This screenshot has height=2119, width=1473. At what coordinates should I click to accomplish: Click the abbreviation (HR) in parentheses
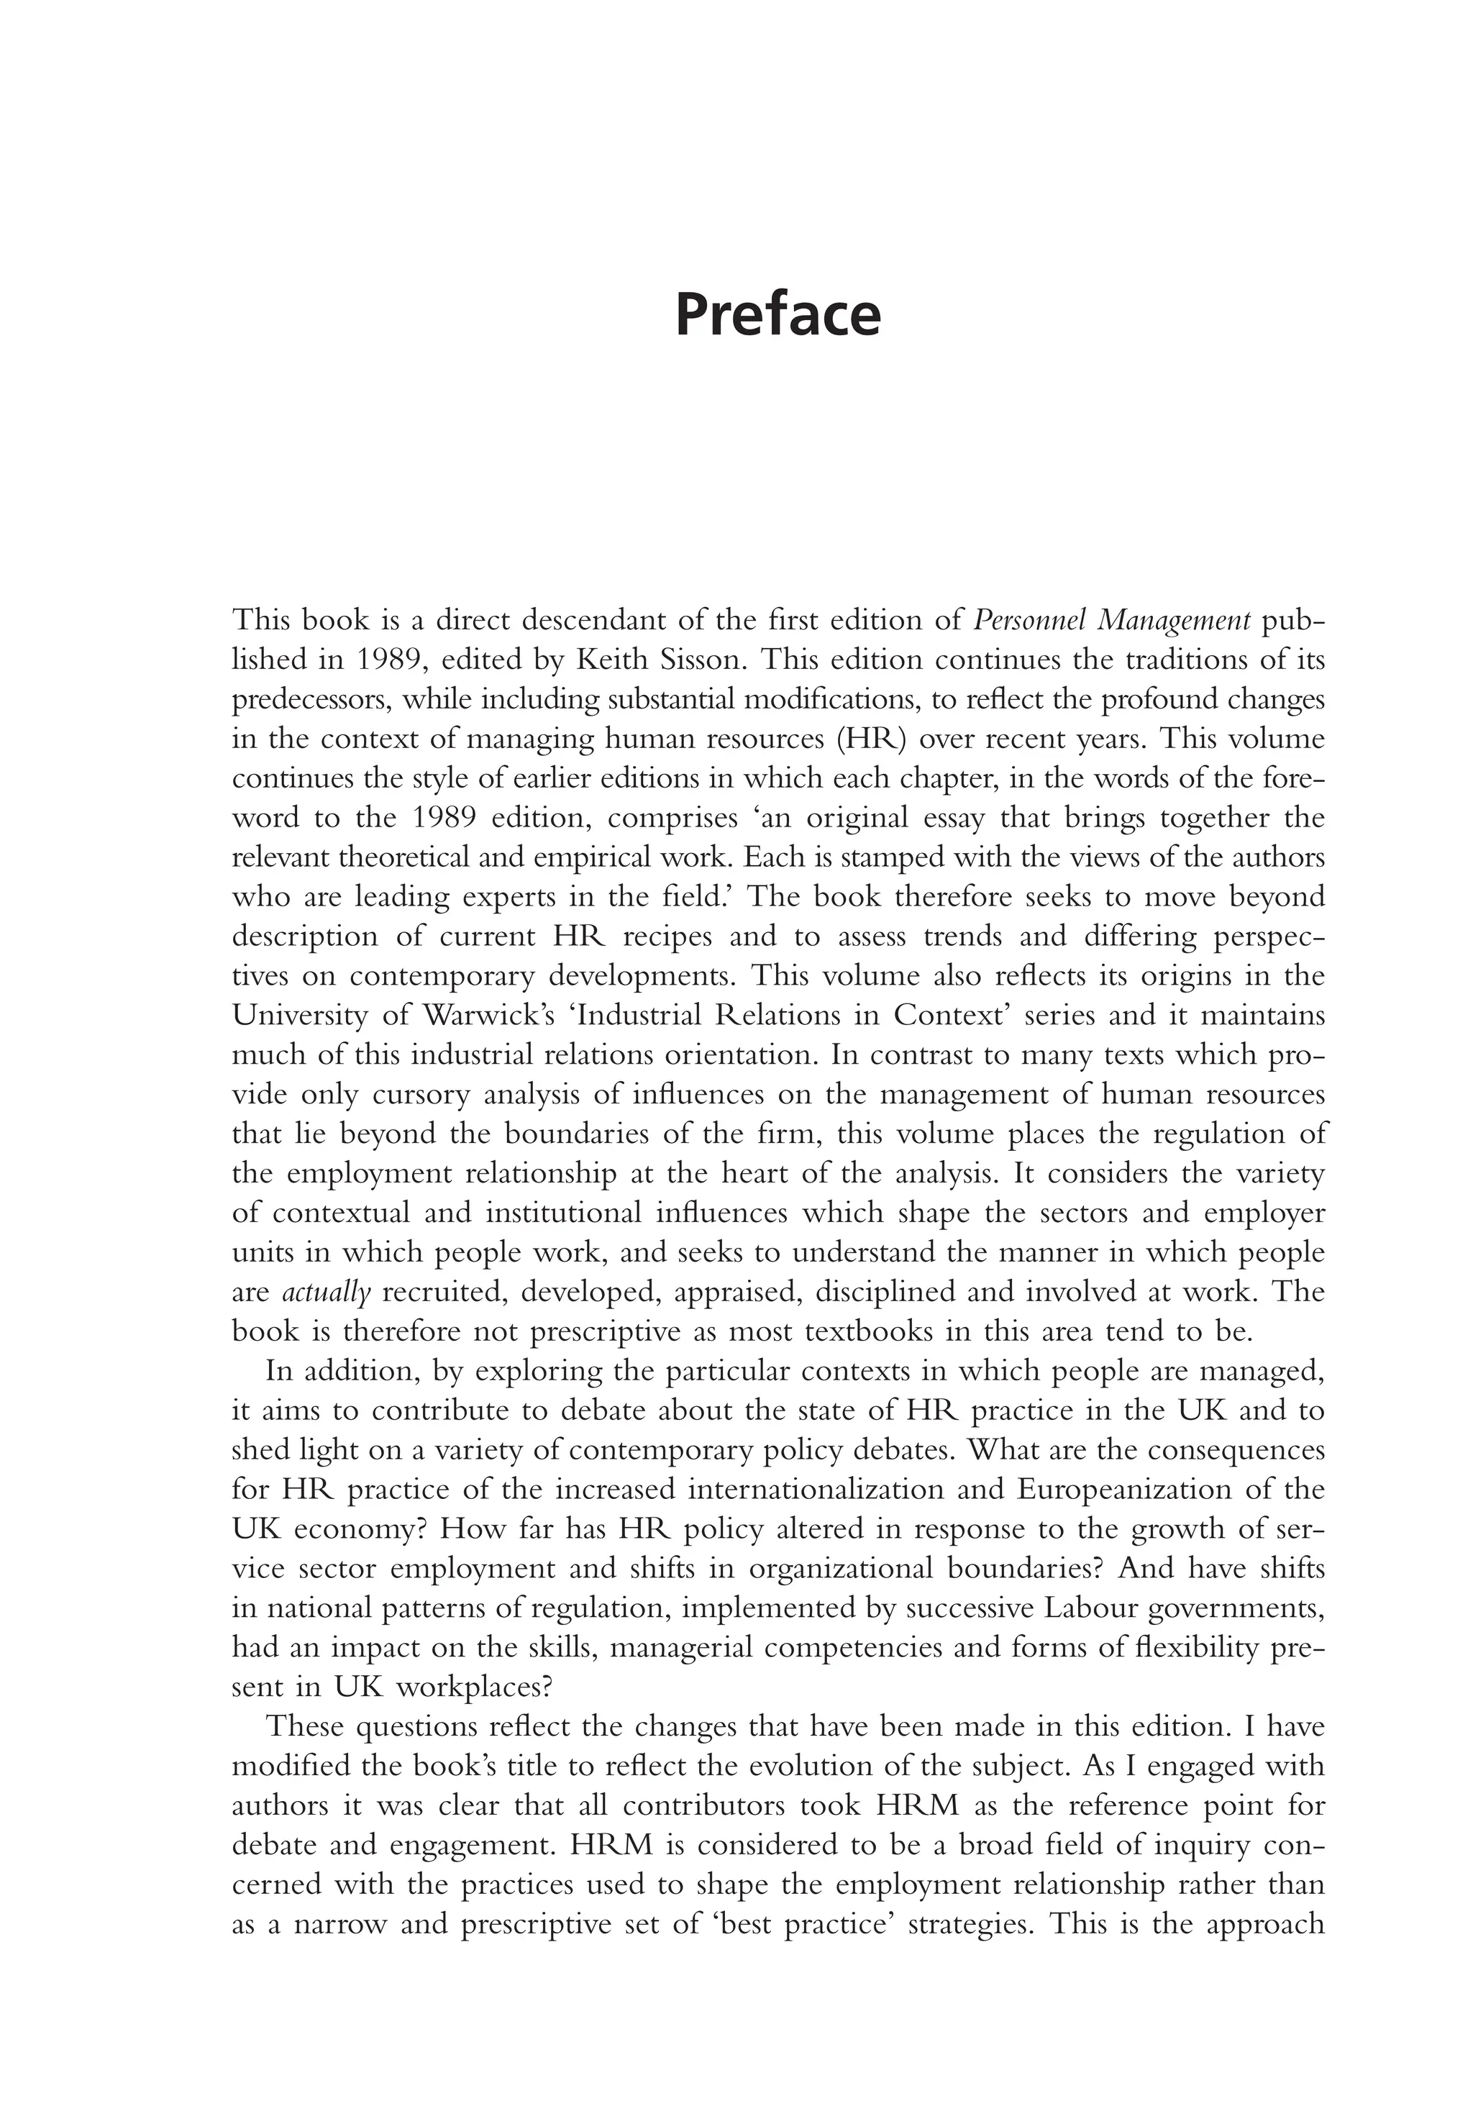click(868, 739)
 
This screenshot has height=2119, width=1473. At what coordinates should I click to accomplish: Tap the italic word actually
click(326, 1292)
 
